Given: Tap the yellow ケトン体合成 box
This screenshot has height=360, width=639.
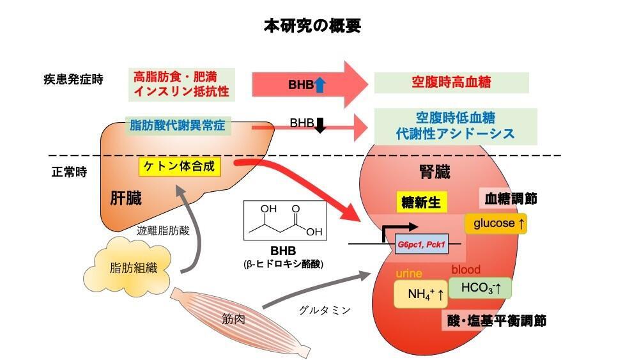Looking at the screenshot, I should (180, 168).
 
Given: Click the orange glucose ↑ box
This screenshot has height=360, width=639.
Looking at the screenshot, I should (495, 223).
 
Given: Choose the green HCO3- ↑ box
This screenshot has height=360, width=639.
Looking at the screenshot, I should (480, 288).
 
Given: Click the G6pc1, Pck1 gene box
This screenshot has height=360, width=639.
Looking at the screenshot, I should (421, 244).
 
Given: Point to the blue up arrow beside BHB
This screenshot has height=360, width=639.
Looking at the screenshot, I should (319, 84).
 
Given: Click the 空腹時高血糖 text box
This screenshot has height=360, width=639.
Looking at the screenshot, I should (451, 83).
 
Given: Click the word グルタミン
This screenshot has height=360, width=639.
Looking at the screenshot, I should (325, 310).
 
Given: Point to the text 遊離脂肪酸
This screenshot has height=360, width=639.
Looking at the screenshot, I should (164, 231).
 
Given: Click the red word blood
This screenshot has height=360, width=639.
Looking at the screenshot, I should (466, 270).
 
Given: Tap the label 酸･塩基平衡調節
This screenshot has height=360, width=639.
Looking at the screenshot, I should (496, 321).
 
